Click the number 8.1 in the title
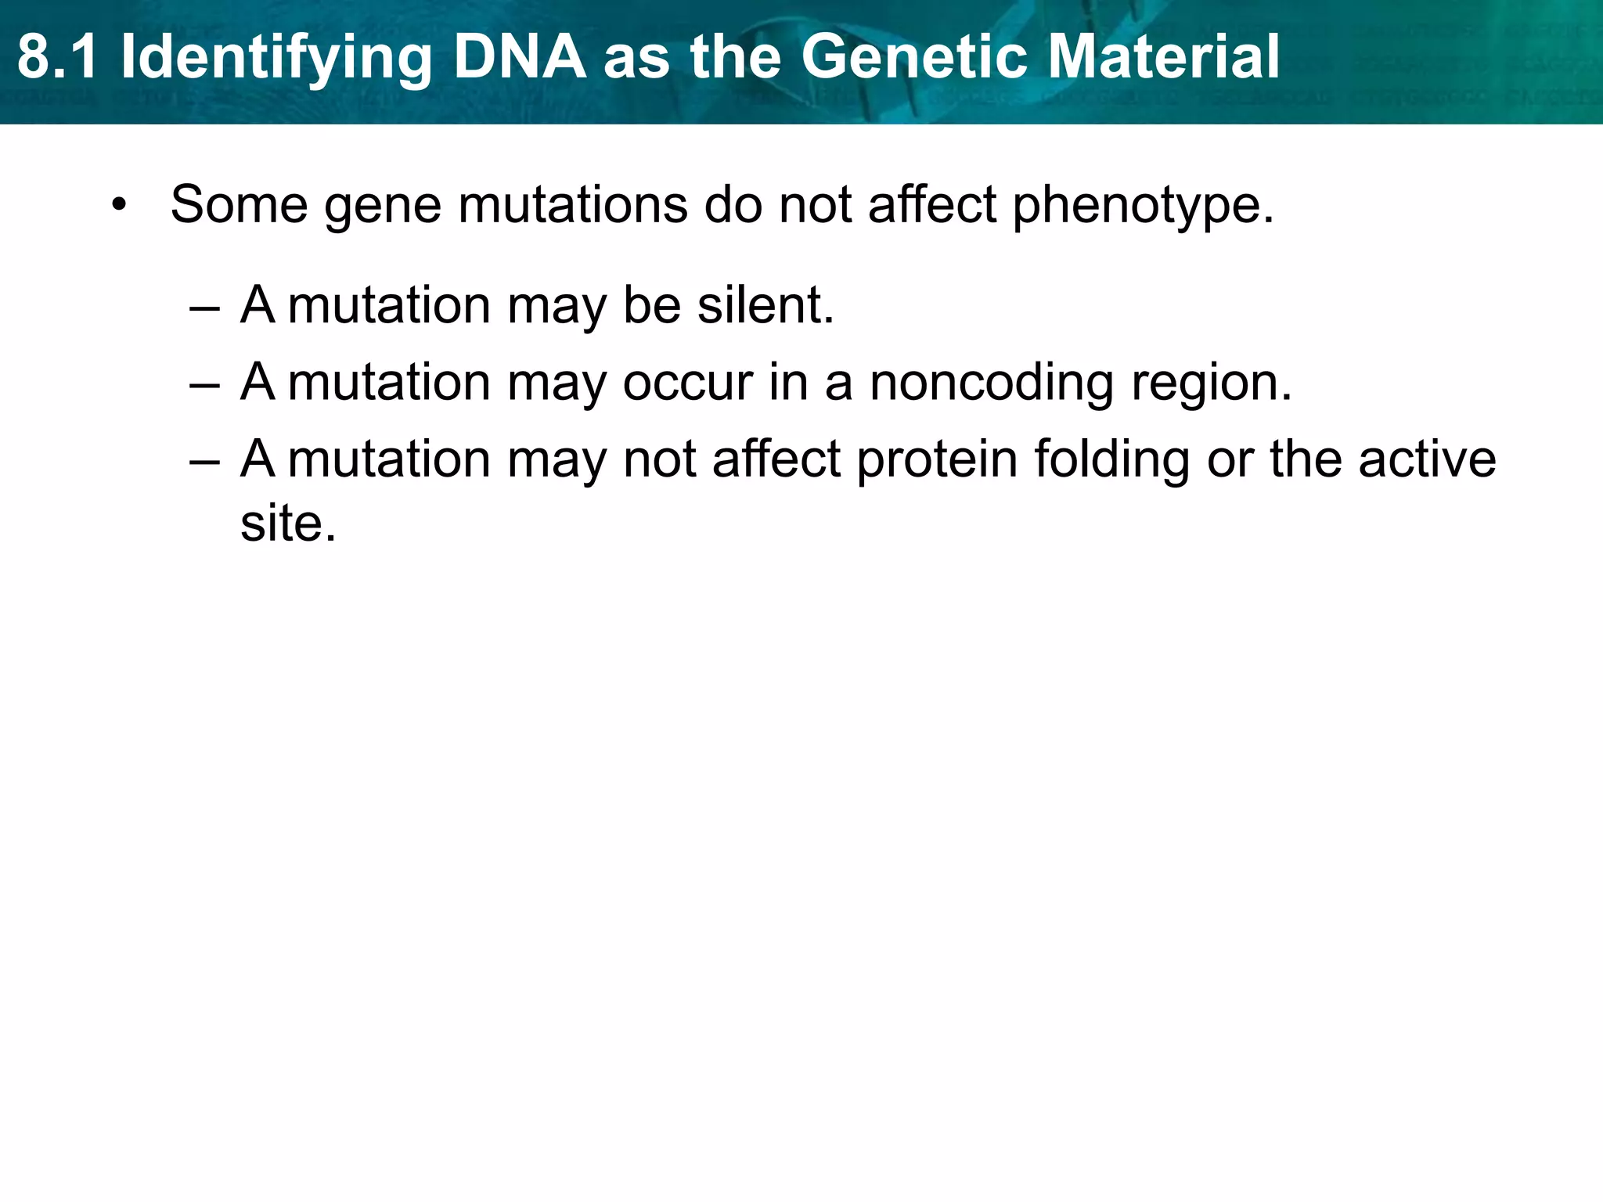[59, 57]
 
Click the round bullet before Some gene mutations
[118, 206]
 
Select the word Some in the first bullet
[239, 204]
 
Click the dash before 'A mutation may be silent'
[204, 307]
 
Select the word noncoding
[992, 383]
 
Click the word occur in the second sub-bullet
[688, 383]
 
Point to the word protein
[937, 459]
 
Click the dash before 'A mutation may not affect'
[204, 461]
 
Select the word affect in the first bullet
[932, 204]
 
